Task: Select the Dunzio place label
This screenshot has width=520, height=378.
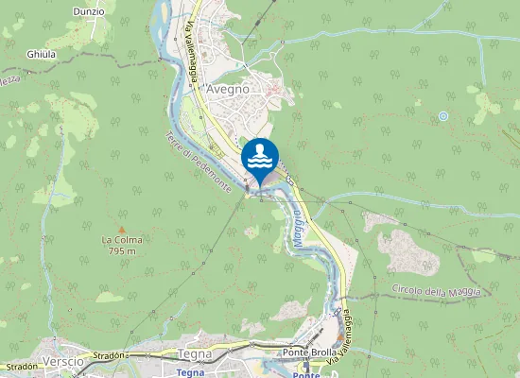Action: click(x=88, y=10)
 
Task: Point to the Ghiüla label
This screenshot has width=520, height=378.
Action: click(x=42, y=55)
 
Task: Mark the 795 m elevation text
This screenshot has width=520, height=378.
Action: click(x=122, y=250)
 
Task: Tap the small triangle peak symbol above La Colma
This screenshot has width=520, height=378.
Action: click(x=122, y=228)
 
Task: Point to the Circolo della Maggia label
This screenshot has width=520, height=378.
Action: click(x=436, y=292)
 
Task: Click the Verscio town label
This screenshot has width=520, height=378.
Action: click(x=63, y=362)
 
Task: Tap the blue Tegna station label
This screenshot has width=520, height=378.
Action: click(x=191, y=372)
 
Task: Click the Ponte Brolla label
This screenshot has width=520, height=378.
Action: click(x=305, y=352)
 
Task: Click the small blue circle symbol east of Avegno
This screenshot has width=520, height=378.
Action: click(x=442, y=116)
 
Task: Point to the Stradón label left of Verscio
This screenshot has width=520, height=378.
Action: click(x=21, y=366)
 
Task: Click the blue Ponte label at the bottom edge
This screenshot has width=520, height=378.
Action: click(x=305, y=373)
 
